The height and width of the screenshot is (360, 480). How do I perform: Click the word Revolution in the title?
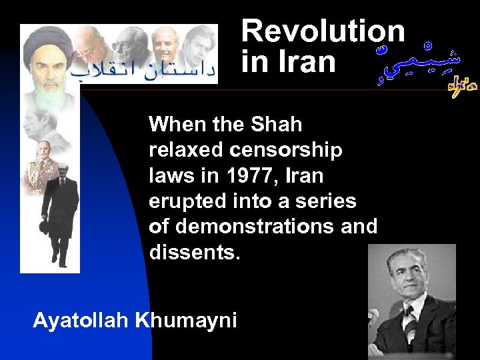323,31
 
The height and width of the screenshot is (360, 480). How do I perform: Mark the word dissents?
193,253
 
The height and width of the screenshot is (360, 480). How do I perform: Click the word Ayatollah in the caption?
81,321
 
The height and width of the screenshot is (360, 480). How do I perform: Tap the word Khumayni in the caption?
186,321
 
